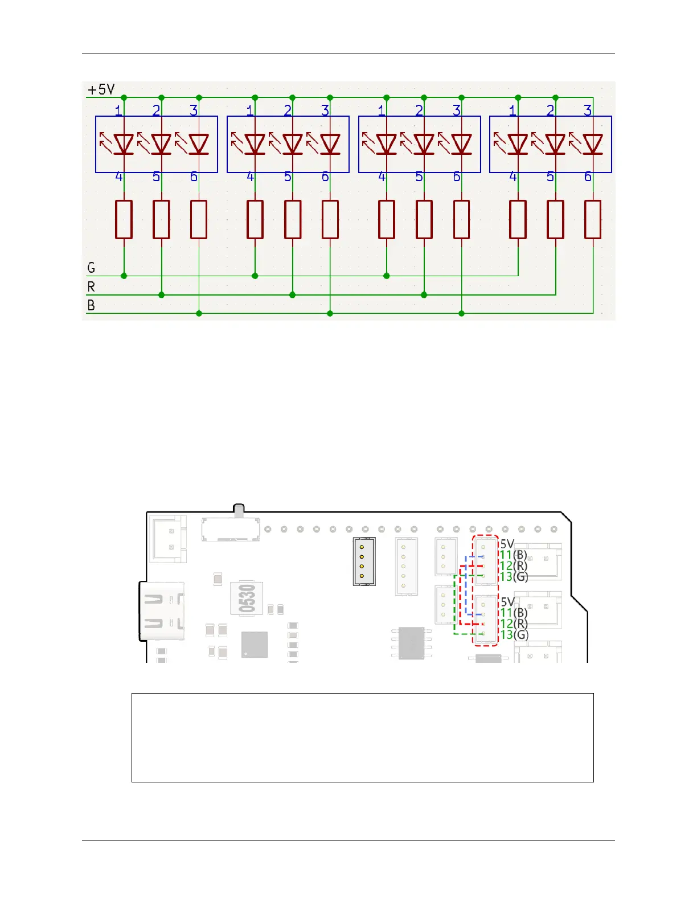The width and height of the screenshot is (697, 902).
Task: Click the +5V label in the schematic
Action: click(x=101, y=89)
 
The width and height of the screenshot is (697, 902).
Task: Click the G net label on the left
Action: click(x=91, y=268)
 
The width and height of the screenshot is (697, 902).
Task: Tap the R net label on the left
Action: click(x=91, y=286)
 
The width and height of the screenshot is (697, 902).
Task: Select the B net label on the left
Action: click(x=91, y=305)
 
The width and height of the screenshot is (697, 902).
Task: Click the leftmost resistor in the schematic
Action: click(x=124, y=219)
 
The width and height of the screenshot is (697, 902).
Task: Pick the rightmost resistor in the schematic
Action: click(x=593, y=219)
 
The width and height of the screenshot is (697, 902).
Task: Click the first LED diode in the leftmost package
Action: click(x=124, y=144)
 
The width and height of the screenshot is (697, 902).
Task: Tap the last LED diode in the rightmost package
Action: click(x=593, y=144)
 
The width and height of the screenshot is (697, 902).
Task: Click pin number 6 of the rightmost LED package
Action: click(x=588, y=177)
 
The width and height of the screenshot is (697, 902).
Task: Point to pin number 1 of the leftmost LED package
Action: click(x=118, y=110)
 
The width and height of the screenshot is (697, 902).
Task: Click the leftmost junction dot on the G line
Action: click(x=124, y=276)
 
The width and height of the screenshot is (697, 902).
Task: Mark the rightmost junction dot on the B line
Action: click(x=461, y=313)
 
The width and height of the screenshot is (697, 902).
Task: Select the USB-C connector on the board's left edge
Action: click(x=162, y=610)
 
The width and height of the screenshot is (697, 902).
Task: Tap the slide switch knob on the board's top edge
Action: click(x=239, y=510)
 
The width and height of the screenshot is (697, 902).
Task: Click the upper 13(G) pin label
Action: click(x=514, y=577)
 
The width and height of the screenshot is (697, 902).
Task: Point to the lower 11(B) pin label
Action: click(x=514, y=613)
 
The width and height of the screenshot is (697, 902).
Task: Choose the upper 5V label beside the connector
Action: click(x=507, y=544)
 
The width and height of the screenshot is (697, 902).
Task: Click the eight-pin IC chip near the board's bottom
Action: click(x=412, y=643)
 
